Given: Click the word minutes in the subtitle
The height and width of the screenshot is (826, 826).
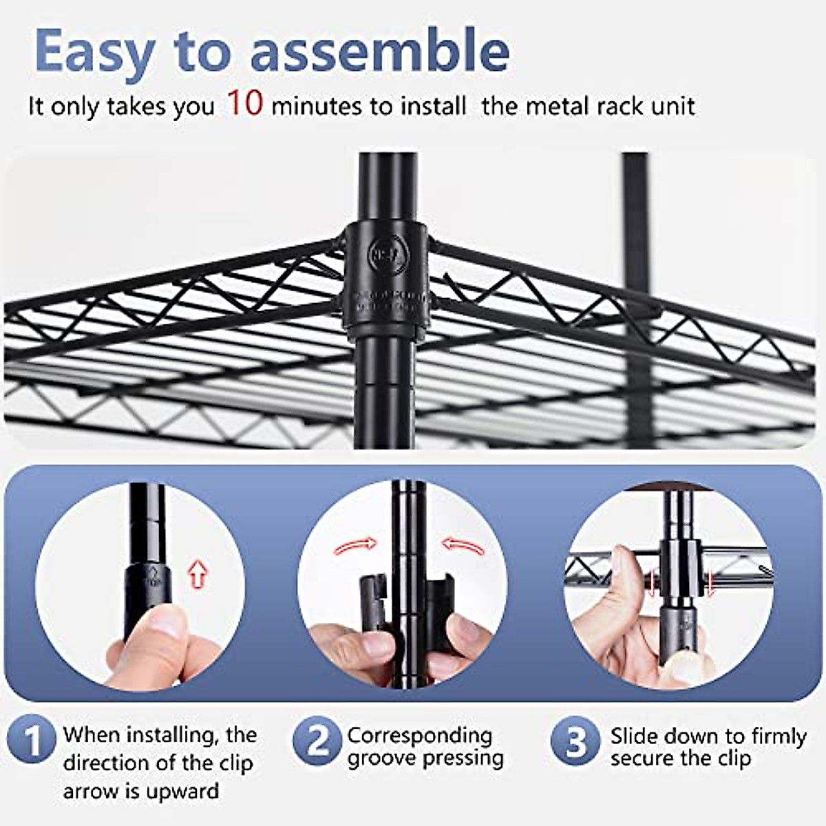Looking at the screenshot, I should tap(316, 107).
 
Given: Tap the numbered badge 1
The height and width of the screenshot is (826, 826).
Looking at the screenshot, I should tap(32, 742).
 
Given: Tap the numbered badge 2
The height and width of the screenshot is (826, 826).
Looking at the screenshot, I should tap(317, 742).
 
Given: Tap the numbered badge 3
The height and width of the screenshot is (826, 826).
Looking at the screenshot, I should tap(576, 742).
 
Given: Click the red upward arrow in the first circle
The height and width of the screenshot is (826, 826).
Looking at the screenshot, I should tap(198, 573).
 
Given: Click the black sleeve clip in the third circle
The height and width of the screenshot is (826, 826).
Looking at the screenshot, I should tap(680, 568).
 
